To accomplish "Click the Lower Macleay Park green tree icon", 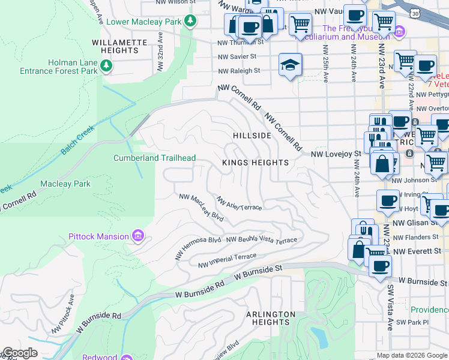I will point(190,22).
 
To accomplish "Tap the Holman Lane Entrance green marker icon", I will point(106,65).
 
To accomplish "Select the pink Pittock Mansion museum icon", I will point(139,236).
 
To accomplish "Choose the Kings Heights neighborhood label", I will point(255,163).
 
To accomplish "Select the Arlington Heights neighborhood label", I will point(271,318).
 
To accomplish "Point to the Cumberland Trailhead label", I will point(155,158).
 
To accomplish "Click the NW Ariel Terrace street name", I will point(239,204).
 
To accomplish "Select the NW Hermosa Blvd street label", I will point(198,248).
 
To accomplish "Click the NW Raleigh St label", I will point(239,70).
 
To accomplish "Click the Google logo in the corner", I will point(20,353).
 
